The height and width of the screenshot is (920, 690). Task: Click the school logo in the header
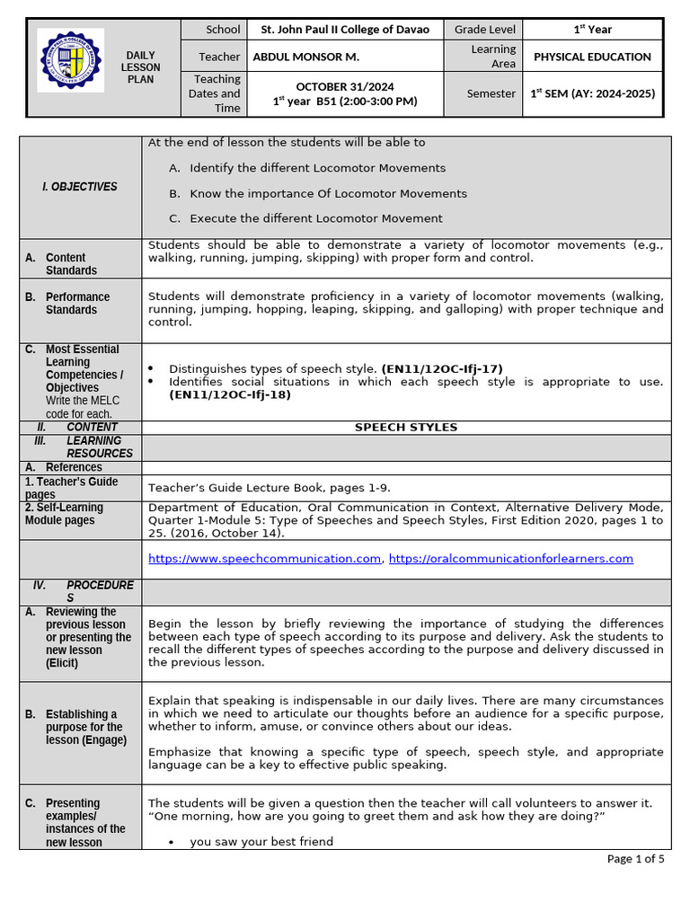(70, 60)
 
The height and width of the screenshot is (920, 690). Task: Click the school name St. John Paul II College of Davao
(345, 29)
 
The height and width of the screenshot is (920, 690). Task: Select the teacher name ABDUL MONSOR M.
(306, 57)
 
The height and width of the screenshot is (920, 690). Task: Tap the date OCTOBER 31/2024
(345, 86)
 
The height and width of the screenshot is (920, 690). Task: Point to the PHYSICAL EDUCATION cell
(592, 57)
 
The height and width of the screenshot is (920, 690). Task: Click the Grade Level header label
(484, 29)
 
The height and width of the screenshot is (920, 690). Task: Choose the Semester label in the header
(491, 93)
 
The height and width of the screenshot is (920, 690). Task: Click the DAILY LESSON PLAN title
(142, 67)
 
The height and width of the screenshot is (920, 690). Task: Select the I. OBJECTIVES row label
(80, 187)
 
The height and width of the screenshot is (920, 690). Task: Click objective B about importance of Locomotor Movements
(328, 193)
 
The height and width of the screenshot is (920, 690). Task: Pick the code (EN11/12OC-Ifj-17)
(442, 368)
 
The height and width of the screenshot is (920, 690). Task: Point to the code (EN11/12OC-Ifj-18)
(230, 394)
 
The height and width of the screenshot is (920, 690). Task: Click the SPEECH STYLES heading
(406, 427)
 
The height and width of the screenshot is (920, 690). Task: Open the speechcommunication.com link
(265, 559)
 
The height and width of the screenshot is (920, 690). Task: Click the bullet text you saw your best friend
(261, 842)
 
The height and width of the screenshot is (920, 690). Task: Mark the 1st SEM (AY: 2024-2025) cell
(592, 93)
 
